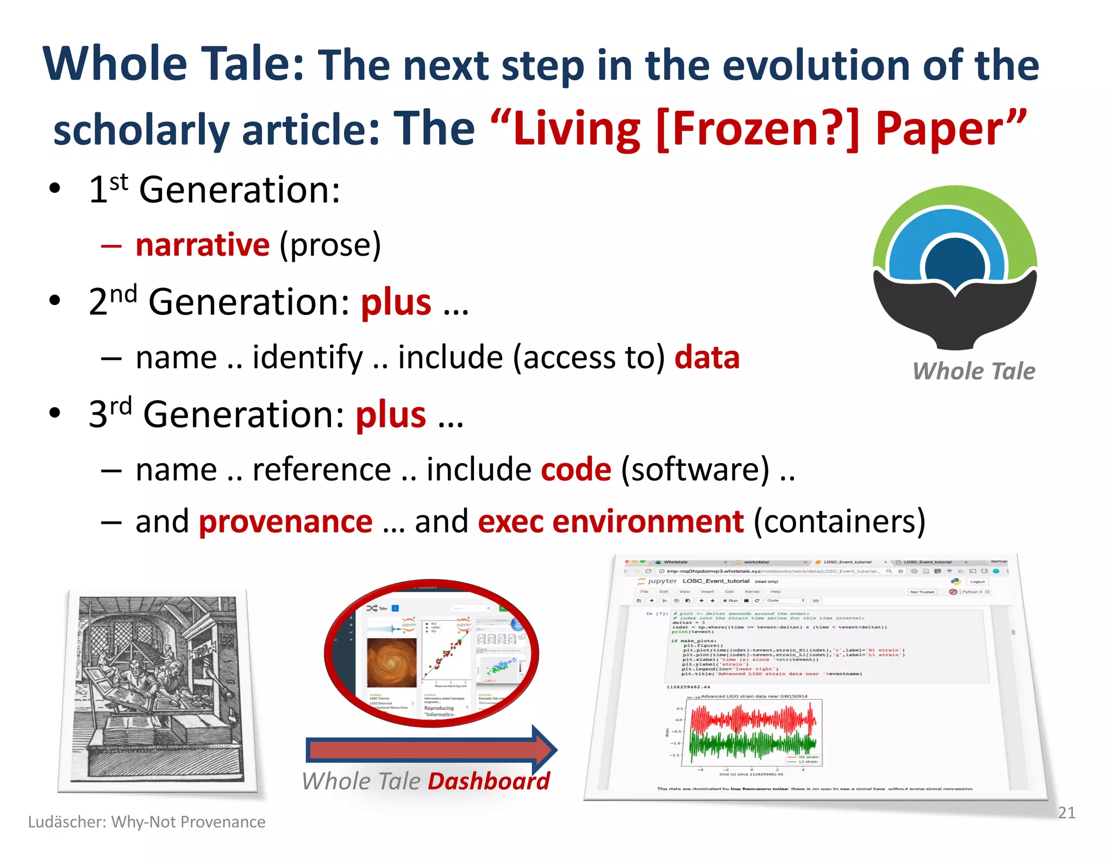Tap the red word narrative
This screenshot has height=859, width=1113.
[x=202, y=245]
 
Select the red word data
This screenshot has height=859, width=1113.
[x=706, y=358]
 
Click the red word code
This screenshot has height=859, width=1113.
[x=576, y=470]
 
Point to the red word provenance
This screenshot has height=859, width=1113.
[x=286, y=522]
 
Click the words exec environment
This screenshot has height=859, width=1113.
[x=610, y=522]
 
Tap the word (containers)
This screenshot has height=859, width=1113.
[x=840, y=522]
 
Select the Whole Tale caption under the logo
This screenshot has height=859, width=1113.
[x=973, y=371]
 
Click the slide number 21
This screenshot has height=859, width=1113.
[x=1066, y=813]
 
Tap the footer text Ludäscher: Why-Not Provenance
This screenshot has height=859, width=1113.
[x=147, y=822]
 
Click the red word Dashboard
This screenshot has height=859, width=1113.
[x=489, y=781]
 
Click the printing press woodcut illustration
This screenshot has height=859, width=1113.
[x=158, y=690]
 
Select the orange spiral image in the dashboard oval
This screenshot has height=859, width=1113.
[x=391, y=662]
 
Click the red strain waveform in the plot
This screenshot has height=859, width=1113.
[x=753, y=719]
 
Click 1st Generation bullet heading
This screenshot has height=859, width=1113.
[x=215, y=190]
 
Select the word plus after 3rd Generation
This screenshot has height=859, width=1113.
[x=391, y=415]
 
